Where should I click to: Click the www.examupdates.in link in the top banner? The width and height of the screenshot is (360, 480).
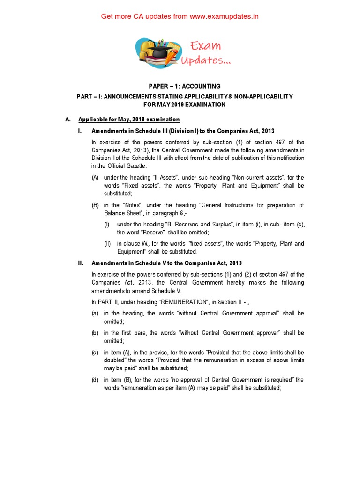pos(225,16)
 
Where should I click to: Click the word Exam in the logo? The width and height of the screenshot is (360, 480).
pos(205,46)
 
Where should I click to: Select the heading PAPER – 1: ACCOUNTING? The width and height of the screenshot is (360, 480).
pos(184,86)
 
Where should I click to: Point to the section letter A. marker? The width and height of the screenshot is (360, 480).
pos(68,120)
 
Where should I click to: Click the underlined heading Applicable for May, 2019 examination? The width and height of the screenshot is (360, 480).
pos(129,120)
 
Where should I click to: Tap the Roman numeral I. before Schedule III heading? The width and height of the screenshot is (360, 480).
pos(81,131)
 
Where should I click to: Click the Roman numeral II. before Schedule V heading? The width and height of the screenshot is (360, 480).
pos(81,263)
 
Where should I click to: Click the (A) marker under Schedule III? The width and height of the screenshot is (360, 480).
pos(95,177)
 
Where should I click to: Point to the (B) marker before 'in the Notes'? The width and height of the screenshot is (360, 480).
pos(95,205)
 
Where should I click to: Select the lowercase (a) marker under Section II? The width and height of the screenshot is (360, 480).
pos(95,313)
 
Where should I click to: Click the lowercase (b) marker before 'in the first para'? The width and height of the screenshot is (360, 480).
pos(95,333)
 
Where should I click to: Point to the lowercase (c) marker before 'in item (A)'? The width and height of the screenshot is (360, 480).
pos(95,352)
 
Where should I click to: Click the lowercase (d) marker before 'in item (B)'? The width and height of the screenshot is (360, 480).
pos(95,380)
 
